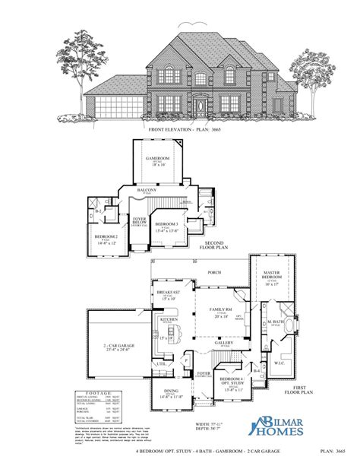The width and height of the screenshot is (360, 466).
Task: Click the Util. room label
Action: (162, 364)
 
